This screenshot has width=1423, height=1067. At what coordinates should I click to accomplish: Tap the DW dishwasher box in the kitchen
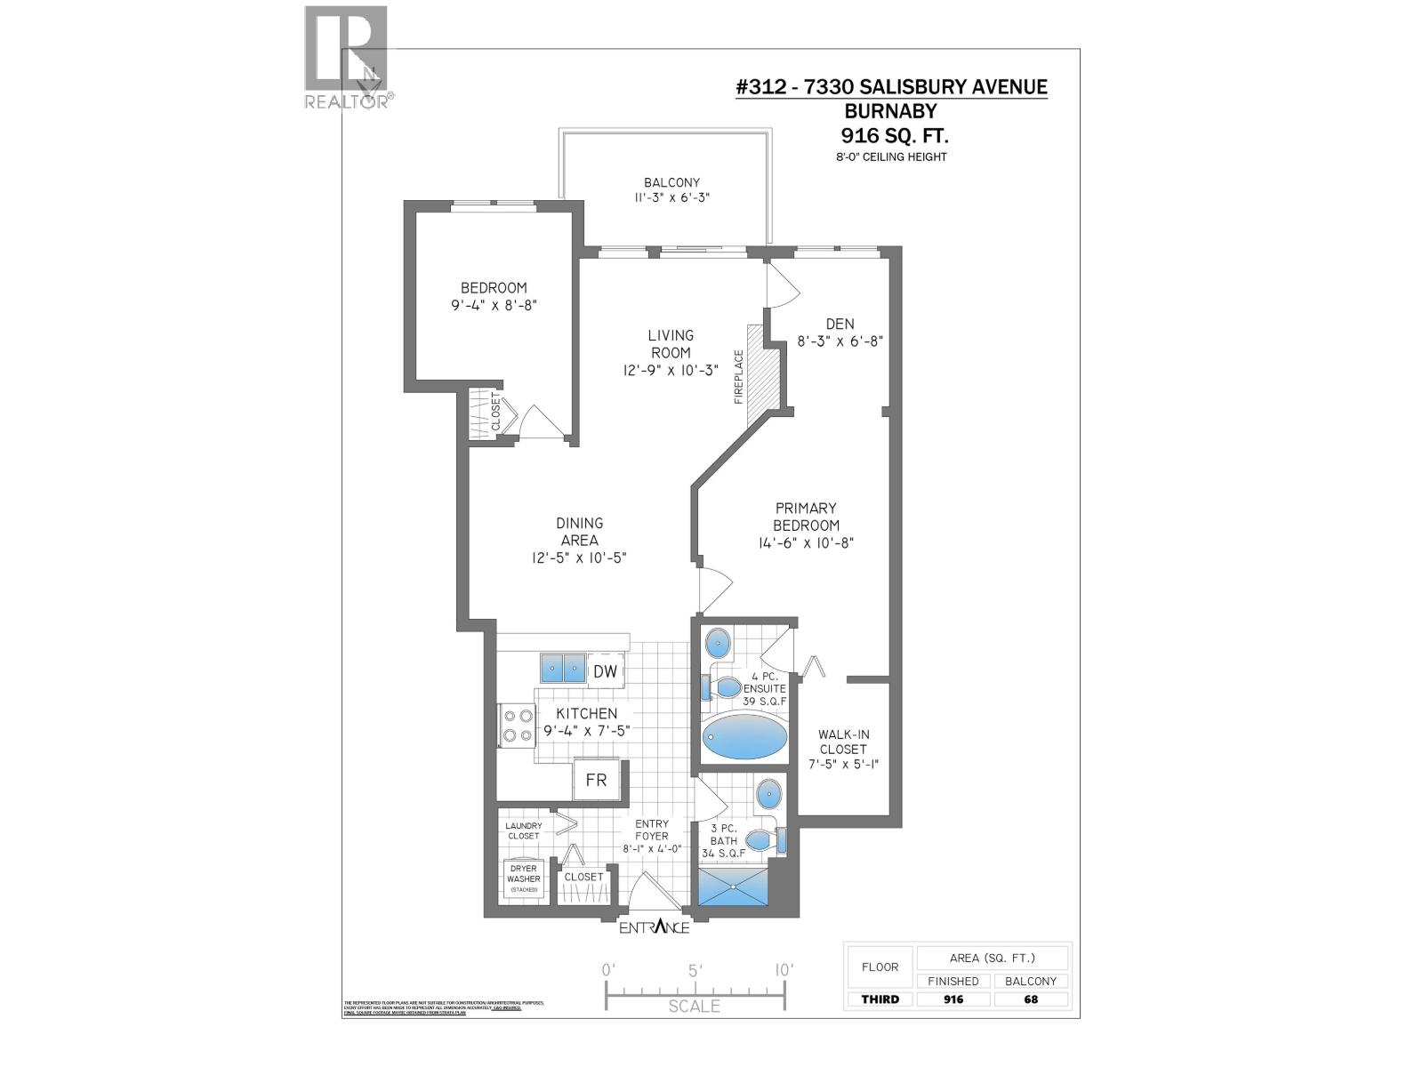click(605, 671)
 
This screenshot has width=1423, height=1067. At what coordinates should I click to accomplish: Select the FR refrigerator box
click(596, 780)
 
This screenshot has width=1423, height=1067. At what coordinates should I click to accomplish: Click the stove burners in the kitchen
click(517, 723)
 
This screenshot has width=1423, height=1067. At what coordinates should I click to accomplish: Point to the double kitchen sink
click(562, 668)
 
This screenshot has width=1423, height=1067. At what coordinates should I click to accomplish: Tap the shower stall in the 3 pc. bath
click(733, 887)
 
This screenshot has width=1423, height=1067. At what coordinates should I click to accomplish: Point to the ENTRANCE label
click(654, 927)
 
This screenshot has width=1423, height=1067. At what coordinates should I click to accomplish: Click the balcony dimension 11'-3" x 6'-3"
click(671, 198)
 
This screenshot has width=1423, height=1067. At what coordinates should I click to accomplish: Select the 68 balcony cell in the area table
click(1030, 999)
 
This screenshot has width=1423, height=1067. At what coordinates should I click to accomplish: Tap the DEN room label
click(839, 324)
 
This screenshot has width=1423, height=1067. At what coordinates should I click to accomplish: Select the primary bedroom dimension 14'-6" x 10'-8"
click(806, 542)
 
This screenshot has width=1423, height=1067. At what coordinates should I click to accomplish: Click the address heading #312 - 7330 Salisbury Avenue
click(892, 86)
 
